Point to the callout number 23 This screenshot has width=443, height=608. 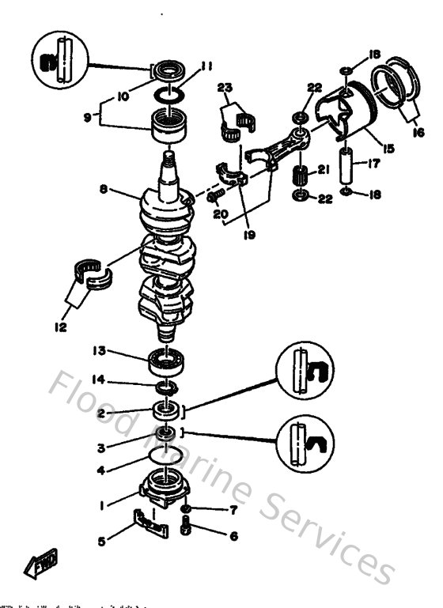click(x=223, y=88)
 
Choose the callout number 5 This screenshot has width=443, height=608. click(x=101, y=542)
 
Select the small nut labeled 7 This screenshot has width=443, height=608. click(x=186, y=508)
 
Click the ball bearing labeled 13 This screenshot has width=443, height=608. click(x=167, y=363)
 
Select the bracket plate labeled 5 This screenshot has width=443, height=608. click(x=150, y=523)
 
